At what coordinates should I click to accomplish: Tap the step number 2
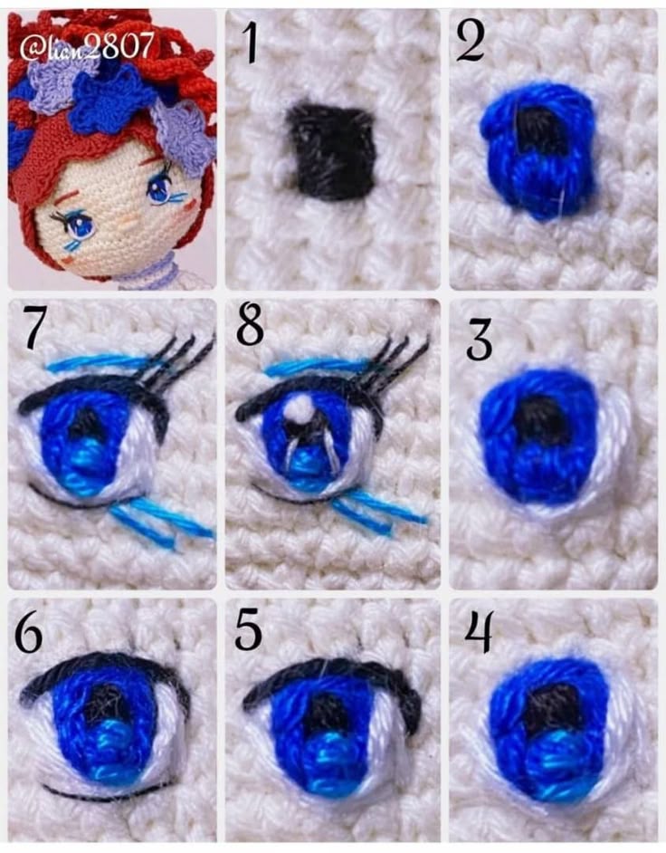pyautogui.click(x=471, y=42)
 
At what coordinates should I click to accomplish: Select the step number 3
pyautogui.click(x=479, y=341)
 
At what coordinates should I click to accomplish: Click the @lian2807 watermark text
pyautogui.click(x=86, y=48)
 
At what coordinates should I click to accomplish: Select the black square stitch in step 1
pyautogui.click(x=333, y=153)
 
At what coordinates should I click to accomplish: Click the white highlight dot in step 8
pyautogui.click(x=298, y=408)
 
